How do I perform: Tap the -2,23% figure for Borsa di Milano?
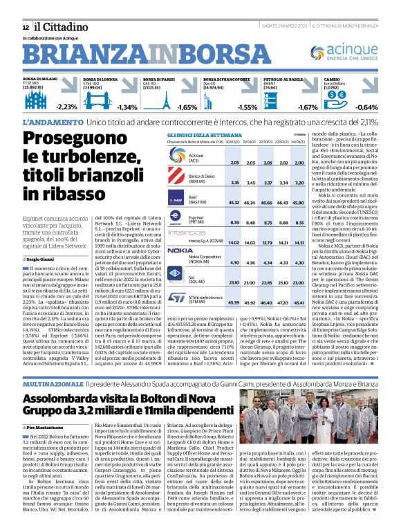(66, 107)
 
